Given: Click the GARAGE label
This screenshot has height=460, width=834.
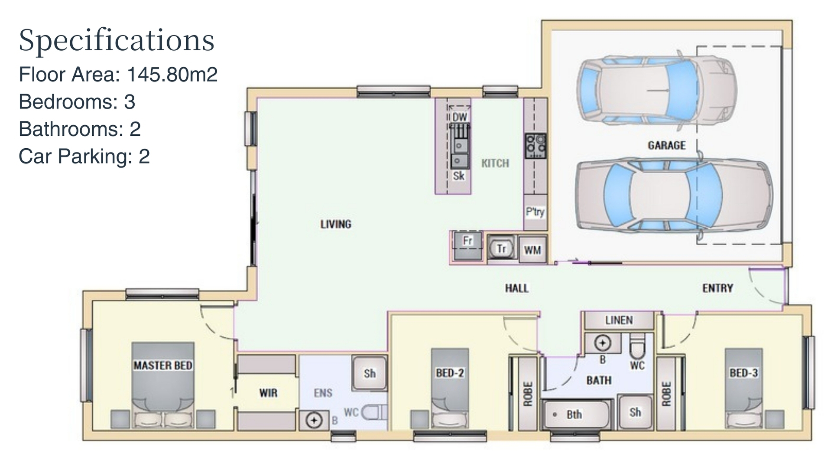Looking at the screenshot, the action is click(666, 145).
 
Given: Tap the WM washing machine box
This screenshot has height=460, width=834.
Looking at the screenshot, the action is click(532, 250).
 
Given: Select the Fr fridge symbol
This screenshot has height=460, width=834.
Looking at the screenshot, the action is click(467, 245).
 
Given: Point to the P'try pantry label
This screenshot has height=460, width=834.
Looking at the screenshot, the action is click(535, 212).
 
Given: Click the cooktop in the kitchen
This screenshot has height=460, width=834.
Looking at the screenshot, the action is click(536, 146).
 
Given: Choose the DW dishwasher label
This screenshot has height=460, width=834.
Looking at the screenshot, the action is click(460, 117).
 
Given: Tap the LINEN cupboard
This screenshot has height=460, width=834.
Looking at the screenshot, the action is click(619, 320).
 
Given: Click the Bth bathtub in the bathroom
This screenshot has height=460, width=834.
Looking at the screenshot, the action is click(576, 414).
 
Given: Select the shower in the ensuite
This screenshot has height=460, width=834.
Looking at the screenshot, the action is click(370, 373).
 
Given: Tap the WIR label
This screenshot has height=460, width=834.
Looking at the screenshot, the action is click(268, 393).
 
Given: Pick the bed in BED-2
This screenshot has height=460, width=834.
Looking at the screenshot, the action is click(450, 388).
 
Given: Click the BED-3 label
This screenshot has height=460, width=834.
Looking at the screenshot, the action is click(744, 373).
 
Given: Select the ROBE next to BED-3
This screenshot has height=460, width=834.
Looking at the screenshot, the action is click(666, 394).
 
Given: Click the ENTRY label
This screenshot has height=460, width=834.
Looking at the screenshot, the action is click(717, 288).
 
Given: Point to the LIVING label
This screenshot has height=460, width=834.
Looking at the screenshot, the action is click(336, 224).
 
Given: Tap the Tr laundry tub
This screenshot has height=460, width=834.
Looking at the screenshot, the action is click(502, 249).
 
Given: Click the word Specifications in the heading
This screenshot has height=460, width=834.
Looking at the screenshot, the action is click(117, 40).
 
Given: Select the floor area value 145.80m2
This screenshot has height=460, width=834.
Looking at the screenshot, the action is click(172, 75).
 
